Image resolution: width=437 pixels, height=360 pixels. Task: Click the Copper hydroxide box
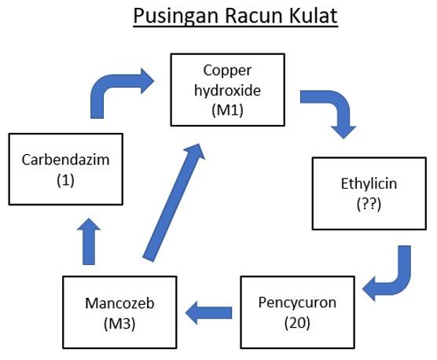tap(227, 89)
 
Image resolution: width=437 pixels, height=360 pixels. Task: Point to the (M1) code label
tap(227, 109)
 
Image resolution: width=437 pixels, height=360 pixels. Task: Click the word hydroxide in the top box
tap(227, 89)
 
